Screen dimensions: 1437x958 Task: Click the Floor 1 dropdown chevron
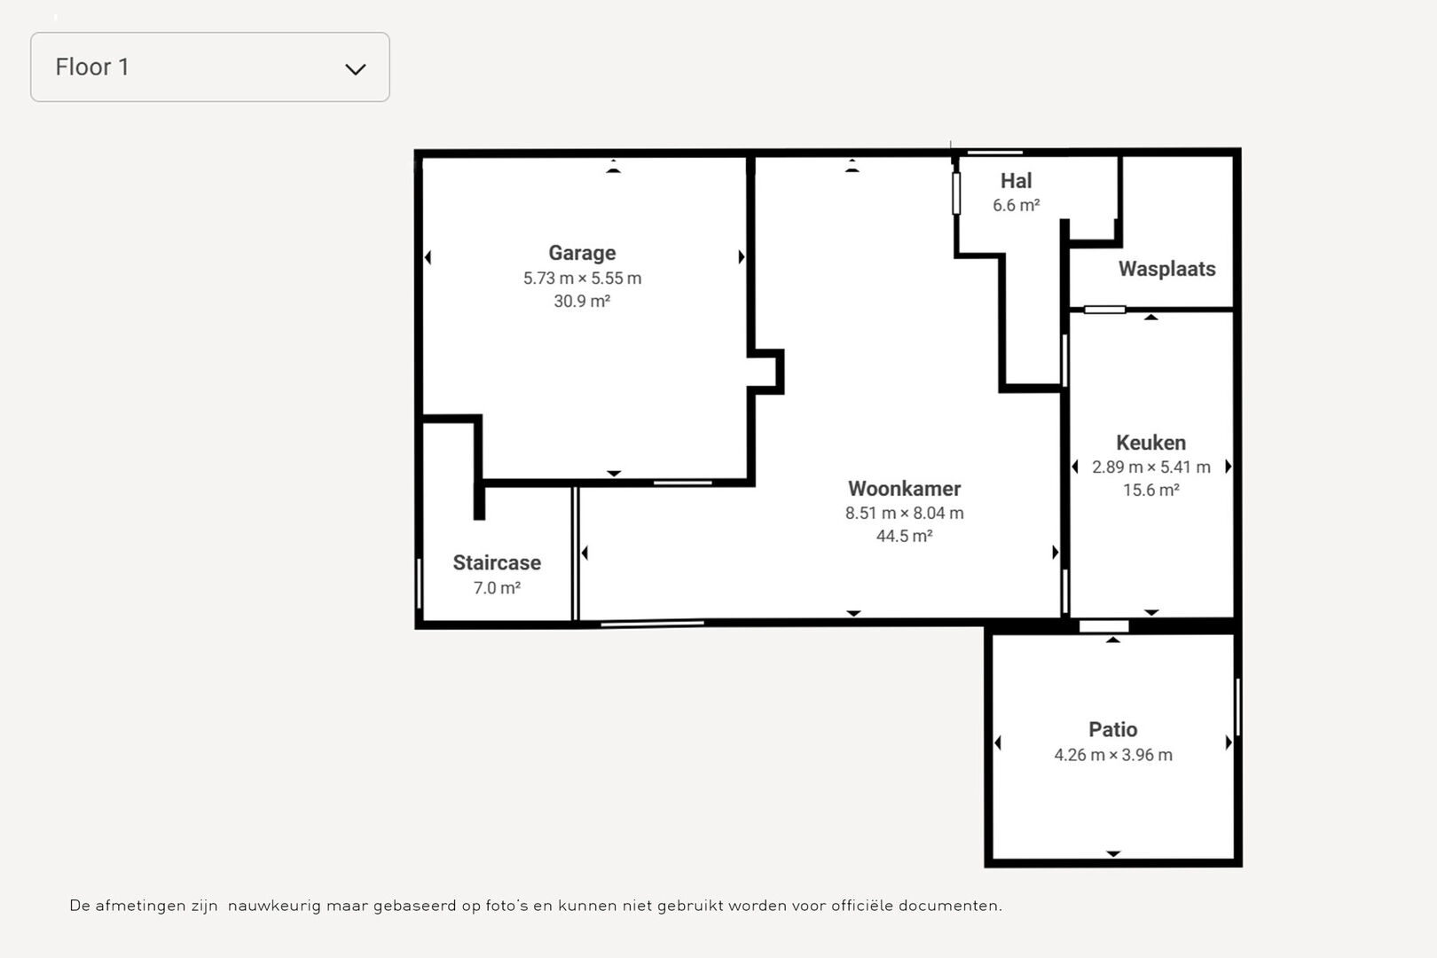[x=356, y=69]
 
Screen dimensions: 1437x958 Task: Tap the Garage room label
[x=582, y=253]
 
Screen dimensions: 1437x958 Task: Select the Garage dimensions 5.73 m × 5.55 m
[x=582, y=279]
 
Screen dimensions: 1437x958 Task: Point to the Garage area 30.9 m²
[x=582, y=301]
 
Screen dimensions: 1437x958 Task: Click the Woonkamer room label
[x=904, y=489]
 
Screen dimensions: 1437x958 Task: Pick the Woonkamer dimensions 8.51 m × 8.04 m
[x=904, y=514]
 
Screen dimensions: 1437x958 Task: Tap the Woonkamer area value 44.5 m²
[x=904, y=536]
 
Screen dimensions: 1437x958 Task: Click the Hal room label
[x=1017, y=181]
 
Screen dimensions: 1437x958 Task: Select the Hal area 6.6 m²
[x=1017, y=205]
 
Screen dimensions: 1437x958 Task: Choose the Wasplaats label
[x=1167, y=269]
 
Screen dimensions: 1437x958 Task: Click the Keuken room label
[x=1150, y=443]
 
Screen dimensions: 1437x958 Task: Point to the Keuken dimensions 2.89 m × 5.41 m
[x=1150, y=467]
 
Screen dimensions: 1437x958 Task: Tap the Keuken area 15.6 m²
[x=1150, y=491]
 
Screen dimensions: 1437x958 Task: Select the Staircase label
[x=497, y=562]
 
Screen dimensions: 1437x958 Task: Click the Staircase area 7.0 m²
[x=497, y=588]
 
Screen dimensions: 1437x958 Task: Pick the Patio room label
[x=1113, y=729]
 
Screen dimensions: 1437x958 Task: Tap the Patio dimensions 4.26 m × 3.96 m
[x=1113, y=755]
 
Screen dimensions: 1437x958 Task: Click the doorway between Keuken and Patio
[x=1103, y=626]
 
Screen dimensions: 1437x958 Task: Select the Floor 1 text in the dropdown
[x=92, y=67]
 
